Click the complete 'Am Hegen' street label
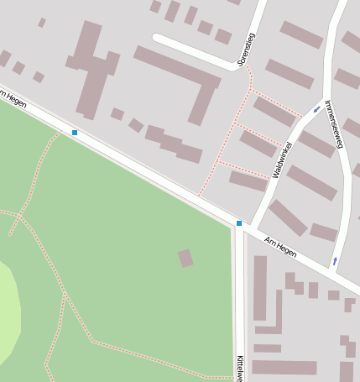click(280, 246)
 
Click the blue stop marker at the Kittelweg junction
click(239, 223)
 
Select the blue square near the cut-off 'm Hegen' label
click(75, 133)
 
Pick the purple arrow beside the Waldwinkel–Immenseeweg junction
click(316, 109)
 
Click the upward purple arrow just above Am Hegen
click(335, 261)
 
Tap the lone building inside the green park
click(185, 258)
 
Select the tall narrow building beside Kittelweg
click(260, 288)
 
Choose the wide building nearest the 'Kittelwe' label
click(284, 367)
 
